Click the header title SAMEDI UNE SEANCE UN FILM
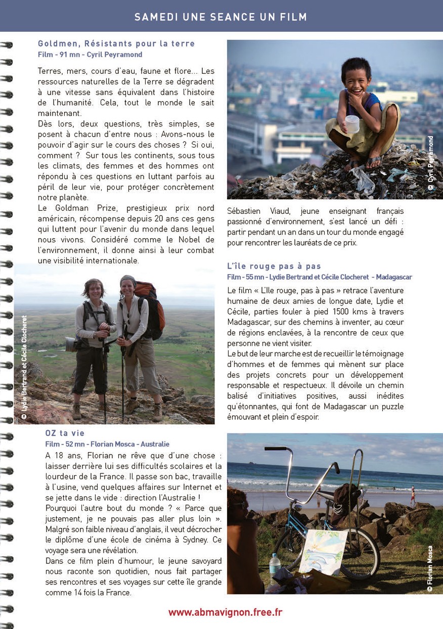pyautogui.click(x=220, y=17)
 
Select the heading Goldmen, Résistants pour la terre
pyautogui.click(x=116, y=44)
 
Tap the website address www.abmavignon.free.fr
pyautogui.click(x=225, y=612)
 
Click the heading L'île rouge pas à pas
pyautogui.click(x=274, y=266)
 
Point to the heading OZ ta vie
pyautogui.click(x=65, y=433)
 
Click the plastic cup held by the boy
pyautogui.click(x=352, y=123)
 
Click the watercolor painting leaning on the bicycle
pyautogui.click(x=323, y=551)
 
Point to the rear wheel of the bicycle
pyautogui.click(x=359, y=554)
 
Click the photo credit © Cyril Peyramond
pyautogui.click(x=431, y=163)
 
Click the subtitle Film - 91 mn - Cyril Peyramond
pyautogui.click(x=90, y=55)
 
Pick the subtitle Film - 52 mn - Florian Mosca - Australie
pyautogui.click(x=107, y=444)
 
